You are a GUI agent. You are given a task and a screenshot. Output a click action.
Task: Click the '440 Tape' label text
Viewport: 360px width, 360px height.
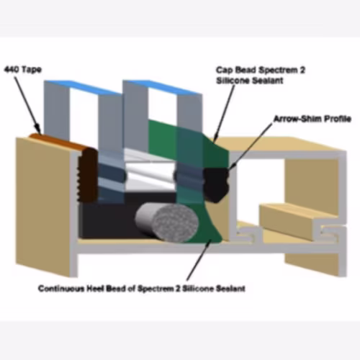[23, 70]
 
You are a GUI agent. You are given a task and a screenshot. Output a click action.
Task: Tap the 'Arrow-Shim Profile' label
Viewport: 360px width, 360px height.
[312, 119]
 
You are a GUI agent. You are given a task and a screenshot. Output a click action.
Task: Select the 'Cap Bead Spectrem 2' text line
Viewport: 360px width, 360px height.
[261, 70]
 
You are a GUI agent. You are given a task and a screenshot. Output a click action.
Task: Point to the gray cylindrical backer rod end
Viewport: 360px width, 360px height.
[176, 223]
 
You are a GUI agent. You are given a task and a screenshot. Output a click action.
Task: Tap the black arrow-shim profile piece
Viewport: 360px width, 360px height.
[216, 184]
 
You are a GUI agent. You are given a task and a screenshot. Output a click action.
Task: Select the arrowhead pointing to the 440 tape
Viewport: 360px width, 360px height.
[37, 127]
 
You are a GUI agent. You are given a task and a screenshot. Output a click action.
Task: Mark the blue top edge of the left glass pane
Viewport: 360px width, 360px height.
[83, 88]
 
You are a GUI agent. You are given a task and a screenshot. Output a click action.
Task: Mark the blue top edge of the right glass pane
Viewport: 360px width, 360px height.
[163, 87]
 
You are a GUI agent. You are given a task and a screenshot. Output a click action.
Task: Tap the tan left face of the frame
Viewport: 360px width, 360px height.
[43, 207]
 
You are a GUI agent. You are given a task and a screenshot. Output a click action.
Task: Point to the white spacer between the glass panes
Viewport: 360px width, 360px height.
[150, 173]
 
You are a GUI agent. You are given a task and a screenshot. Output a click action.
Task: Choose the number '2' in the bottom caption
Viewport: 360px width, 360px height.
[178, 289]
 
